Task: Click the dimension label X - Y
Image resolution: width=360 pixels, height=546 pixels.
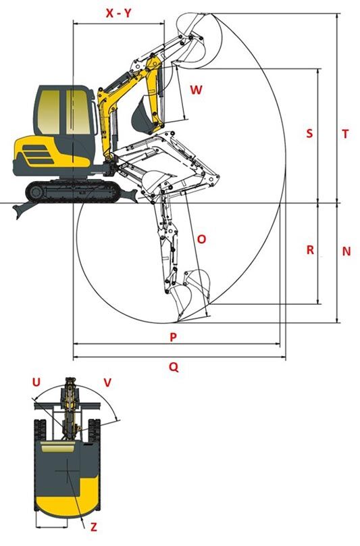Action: coord(118,14)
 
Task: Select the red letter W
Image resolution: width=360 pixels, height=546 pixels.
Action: coord(196,90)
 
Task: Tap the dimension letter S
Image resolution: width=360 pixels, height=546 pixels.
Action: coord(309,133)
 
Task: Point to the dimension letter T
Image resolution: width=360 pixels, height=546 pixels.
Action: coord(345,134)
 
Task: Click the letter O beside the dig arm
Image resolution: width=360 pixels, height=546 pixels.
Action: coord(201,239)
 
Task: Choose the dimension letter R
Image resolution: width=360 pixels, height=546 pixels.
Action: coord(310,249)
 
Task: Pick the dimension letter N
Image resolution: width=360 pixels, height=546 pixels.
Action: coord(346,251)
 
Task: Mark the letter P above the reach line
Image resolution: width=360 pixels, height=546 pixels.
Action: coord(173,337)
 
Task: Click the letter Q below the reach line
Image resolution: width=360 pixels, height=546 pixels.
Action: coord(174,367)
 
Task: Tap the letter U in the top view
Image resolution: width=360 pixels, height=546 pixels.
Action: coord(36,382)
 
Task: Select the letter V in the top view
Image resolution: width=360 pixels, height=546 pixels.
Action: coord(107,382)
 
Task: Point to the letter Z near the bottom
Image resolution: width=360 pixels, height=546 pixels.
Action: coord(94,527)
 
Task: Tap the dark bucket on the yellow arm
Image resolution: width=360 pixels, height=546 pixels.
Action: coord(142,115)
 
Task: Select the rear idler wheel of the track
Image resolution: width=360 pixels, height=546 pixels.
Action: coord(36,192)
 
